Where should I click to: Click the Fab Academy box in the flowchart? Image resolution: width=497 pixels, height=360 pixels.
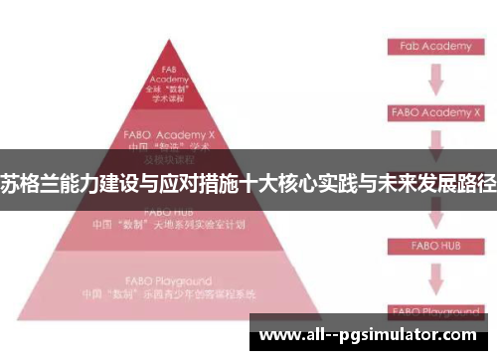(x=430, y=46)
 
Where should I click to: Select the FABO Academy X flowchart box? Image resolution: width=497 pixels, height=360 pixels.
(x=430, y=113)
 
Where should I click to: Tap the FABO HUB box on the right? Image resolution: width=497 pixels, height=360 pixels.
(x=430, y=245)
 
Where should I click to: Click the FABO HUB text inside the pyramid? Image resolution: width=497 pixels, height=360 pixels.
(x=168, y=212)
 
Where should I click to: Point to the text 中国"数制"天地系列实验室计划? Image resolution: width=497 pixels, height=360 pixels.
(x=168, y=225)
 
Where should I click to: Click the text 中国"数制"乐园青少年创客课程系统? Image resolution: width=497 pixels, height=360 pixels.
(x=168, y=295)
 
